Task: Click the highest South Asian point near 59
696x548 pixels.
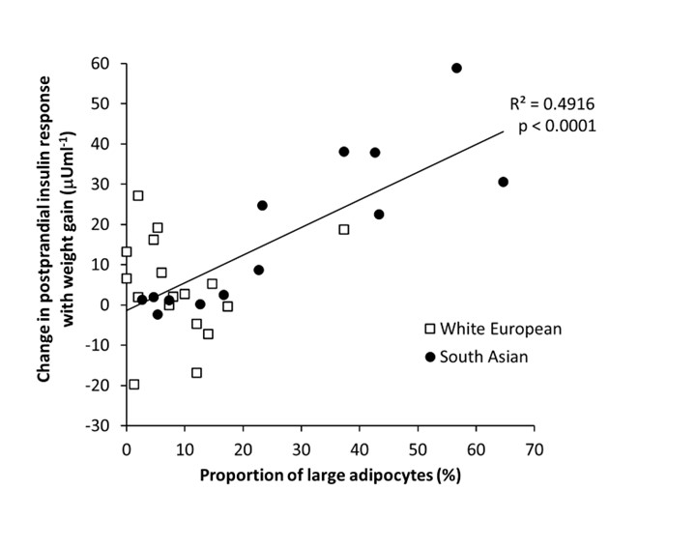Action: coord(456,69)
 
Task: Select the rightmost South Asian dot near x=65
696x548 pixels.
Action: coord(503,182)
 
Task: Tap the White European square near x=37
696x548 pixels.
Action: coord(343,230)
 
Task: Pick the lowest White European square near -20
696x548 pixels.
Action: coord(133,385)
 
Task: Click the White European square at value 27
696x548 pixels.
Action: coord(138,196)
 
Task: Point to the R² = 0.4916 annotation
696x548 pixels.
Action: coord(553,104)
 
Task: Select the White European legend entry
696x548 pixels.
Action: coord(493,329)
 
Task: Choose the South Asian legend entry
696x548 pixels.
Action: coord(481,357)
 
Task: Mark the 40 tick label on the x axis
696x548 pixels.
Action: coord(360,449)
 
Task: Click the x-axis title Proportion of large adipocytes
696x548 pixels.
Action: coord(330,476)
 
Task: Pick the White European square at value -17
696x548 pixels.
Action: coord(196,373)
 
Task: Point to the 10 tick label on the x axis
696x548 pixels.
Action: coord(185,449)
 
